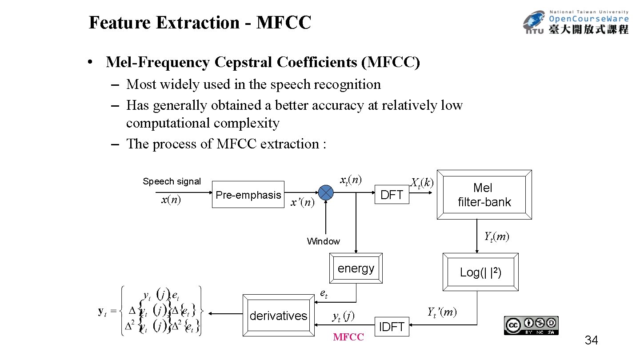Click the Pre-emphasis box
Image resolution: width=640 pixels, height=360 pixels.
click(248, 195)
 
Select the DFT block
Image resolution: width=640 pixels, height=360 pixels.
click(392, 195)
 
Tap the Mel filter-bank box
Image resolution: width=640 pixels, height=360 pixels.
click(484, 195)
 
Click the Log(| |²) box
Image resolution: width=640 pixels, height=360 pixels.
click(480, 272)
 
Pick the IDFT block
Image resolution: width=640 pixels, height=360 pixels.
click(392, 327)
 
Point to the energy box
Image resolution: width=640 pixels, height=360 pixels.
click(356, 268)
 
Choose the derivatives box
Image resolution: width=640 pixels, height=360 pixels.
click(279, 316)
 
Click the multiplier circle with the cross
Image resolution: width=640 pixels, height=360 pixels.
click(326, 192)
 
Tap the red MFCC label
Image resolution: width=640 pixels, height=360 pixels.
click(348, 337)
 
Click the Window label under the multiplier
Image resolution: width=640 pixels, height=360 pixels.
click(323, 241)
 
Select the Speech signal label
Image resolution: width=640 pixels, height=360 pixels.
click(172, 181)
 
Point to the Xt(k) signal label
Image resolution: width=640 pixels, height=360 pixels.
click(422, 183)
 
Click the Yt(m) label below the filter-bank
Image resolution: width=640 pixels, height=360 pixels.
click(496, 236)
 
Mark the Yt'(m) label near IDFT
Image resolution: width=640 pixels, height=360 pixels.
click(442, 312)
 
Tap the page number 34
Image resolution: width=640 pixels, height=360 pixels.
click(591, 341)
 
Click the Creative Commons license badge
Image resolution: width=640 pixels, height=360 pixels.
click(531, 325)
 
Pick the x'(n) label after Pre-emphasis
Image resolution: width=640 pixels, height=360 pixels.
click(302, 203)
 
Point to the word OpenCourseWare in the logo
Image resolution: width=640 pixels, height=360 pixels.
click(589, 19)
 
